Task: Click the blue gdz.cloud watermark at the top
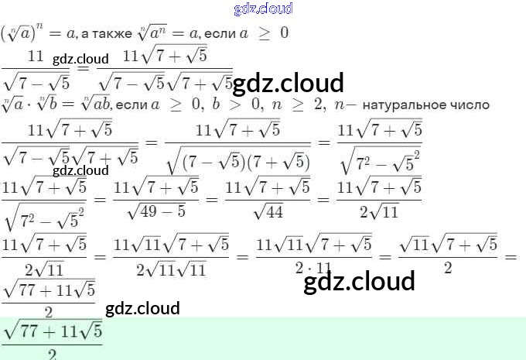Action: [x=263, y=9]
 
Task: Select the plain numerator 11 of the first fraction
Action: [x=36, y=55]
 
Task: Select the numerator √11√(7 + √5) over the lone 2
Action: [x=448, y=245]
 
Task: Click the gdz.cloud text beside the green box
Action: [x=142, y=308]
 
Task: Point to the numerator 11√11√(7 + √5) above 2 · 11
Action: [x=313, y=245]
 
